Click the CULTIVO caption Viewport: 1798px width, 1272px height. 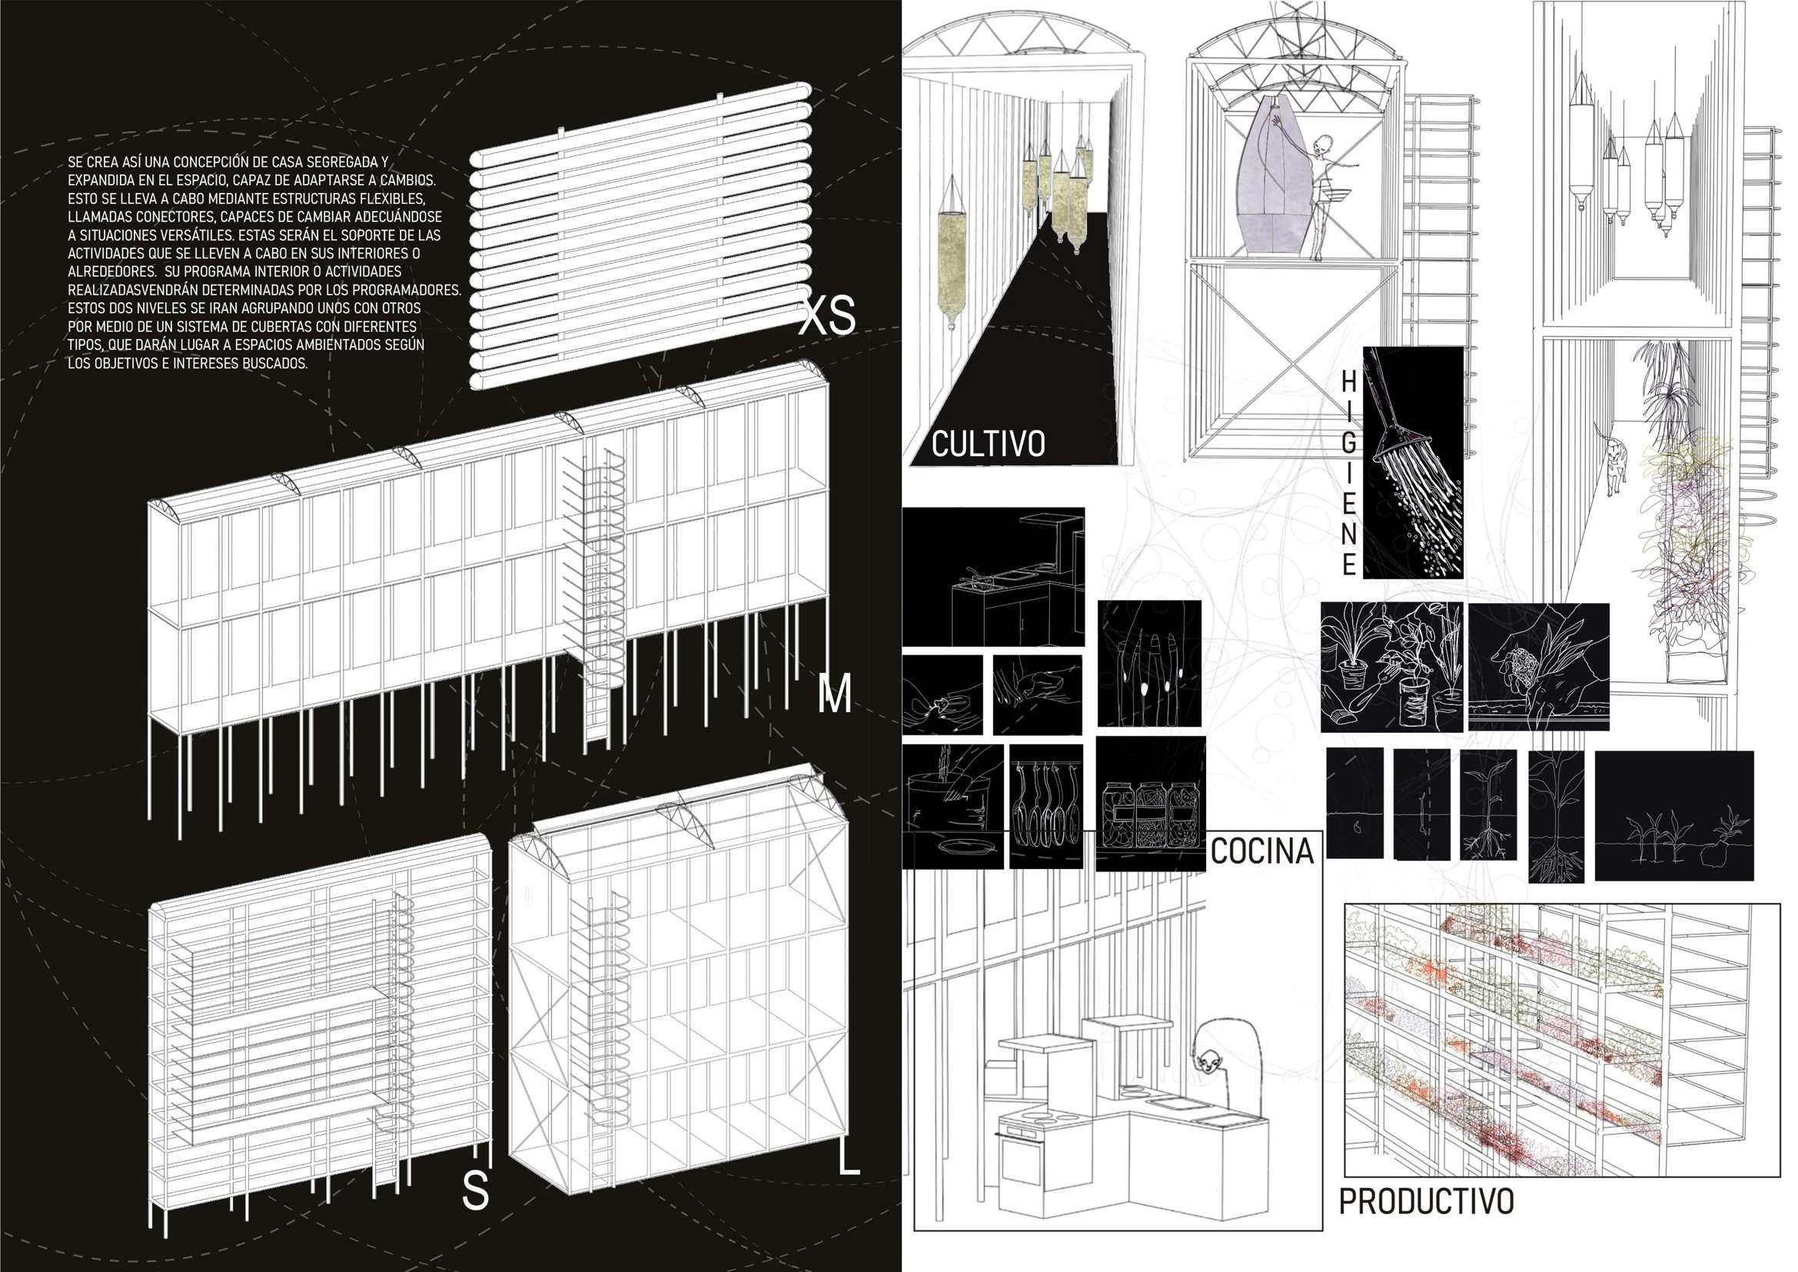point(988,444)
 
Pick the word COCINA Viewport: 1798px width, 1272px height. point(1261,851)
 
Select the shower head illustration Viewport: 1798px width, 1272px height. point(1414,461)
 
